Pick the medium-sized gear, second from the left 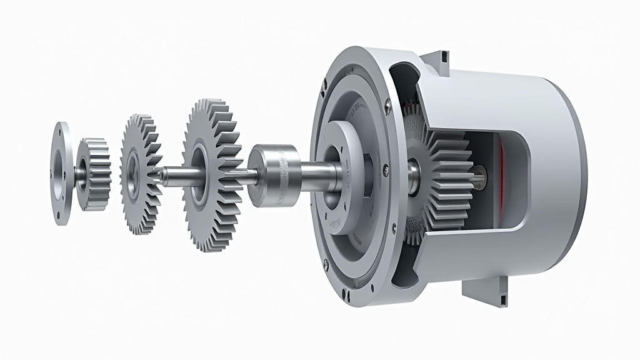tap(139, 173)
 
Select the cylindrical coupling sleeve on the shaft tap(272, 174)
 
